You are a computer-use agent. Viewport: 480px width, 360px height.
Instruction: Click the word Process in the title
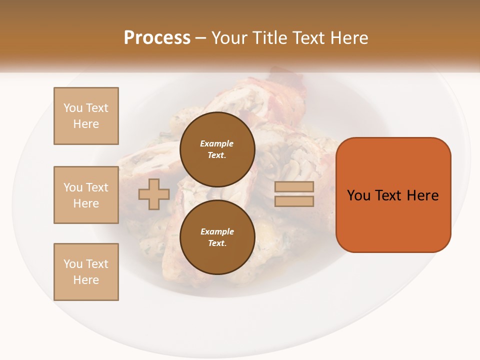click(x=157, y=38)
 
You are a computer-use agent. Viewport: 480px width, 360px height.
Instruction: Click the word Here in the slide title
click(x=348, y=38)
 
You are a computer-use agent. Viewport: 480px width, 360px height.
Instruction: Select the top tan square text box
click(x=86, y=116)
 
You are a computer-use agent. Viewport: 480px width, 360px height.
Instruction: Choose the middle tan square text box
click(x=86, y=195)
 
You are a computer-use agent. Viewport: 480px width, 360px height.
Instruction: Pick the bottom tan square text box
click(x=86, y=272)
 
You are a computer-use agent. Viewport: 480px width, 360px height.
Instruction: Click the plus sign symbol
click(x=154, y=194)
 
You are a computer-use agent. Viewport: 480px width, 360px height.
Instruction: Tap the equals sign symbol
click(x=294, y=194)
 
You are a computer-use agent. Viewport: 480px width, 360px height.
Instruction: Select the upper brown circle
click(x=217, y=149)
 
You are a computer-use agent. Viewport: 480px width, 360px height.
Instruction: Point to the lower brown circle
click(x=217, y=237)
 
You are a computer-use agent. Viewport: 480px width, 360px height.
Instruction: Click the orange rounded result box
click(x=393, y=195)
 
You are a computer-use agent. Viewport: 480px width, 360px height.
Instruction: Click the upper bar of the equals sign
click(x=294, y=187)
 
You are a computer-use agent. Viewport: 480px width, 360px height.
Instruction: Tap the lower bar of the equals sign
click(x=294, y=201)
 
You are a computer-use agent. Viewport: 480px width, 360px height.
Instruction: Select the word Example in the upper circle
click(x=217, y=143)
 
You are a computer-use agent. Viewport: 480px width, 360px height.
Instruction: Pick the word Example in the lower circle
click(x=217, y=231)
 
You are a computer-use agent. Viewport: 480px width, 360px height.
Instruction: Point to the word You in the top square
click(x=73, y=108)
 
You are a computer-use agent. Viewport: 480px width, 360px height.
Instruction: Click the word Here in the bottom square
click(x=86, y=280)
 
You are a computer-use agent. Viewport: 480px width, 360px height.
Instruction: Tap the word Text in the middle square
click(x=96, y=187)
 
